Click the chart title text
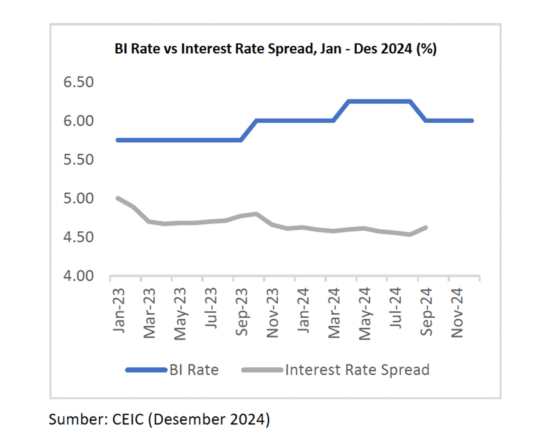[275, 48]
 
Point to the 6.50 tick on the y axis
[79, 82]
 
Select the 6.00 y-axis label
[79, 121]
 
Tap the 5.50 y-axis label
[79, 160]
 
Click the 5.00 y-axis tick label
[79, 198]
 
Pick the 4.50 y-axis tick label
[79, 237]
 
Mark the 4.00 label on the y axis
[79, 276]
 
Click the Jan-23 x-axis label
[119, 310]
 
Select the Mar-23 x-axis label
[150, 313]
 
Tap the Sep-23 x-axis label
[242, 312]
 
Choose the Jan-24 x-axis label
[304, 310]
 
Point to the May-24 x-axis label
[365, 314]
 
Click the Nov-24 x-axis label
[457, 313]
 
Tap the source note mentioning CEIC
[159, 419]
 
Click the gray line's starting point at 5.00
[118, 198]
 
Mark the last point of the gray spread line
[426, 227]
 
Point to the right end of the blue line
[472, 120]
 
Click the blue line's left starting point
[118, 140]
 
